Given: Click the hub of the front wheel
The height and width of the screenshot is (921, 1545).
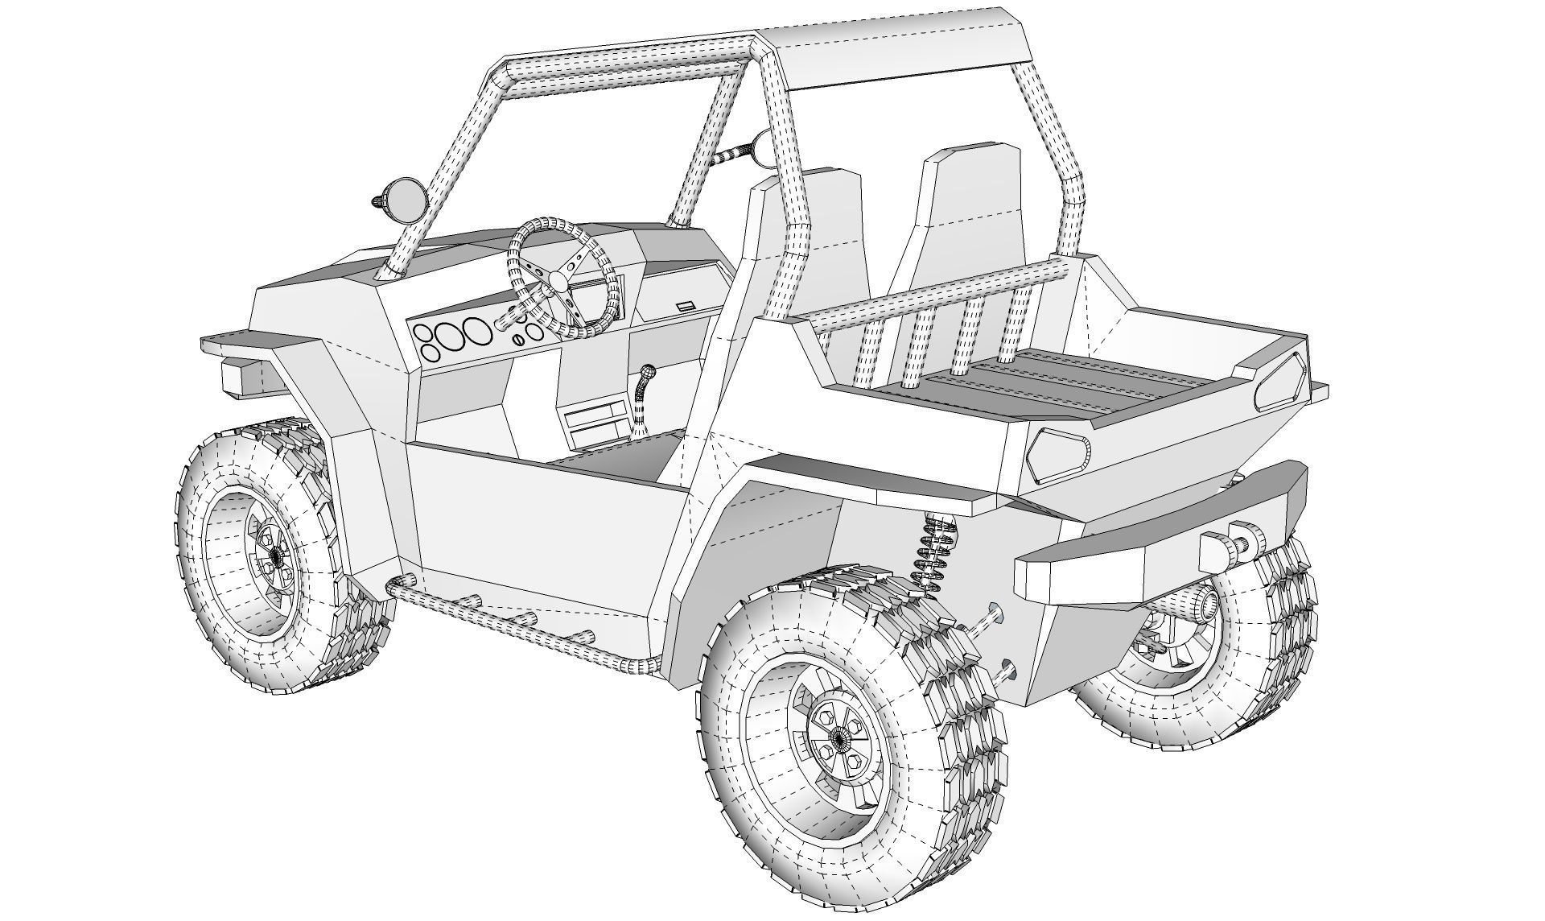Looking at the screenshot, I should click(x=276, y=555).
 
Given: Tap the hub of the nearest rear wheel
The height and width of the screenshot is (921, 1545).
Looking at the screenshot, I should click(x=838, y=736).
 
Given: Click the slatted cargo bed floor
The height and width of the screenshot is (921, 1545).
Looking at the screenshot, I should click(x=1070, y=386).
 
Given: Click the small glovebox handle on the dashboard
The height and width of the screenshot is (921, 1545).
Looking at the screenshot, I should click(x=686, y=305).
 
